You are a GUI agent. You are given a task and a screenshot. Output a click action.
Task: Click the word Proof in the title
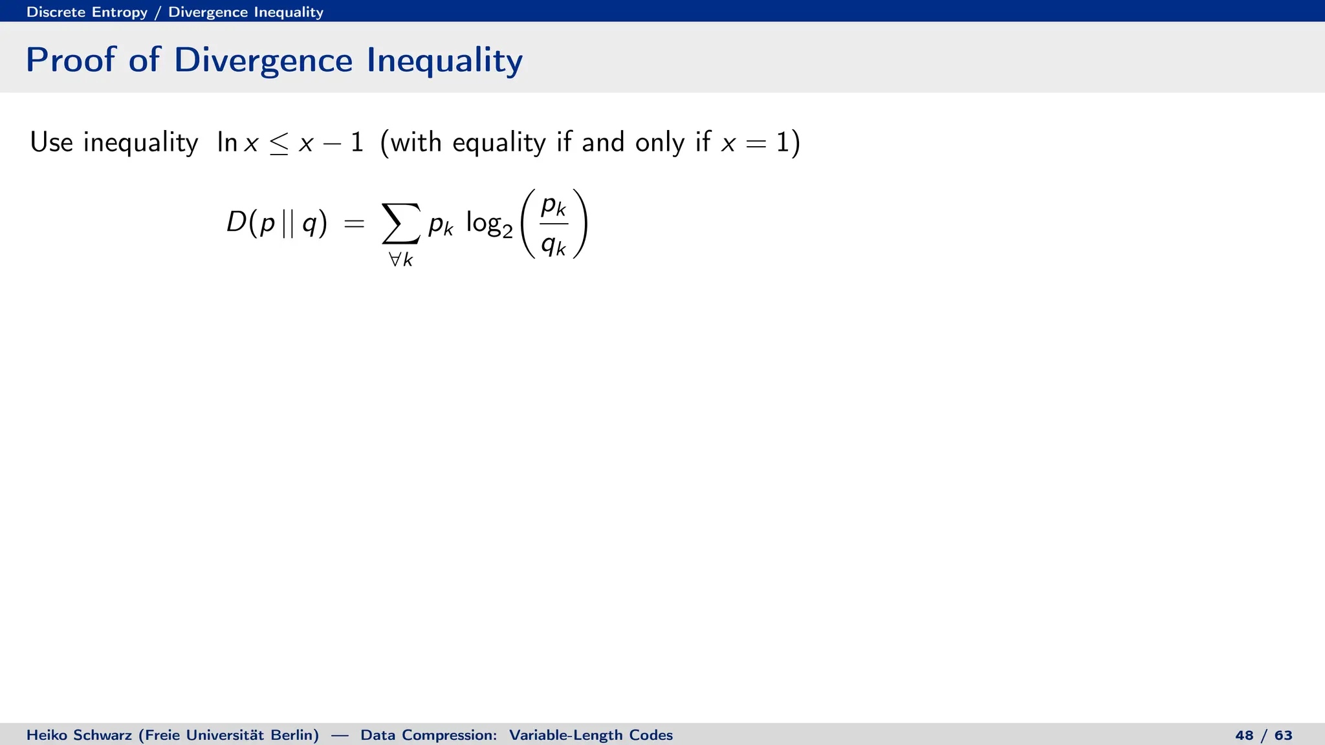point(70,60)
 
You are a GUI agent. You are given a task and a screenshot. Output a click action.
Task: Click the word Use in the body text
point(51,142)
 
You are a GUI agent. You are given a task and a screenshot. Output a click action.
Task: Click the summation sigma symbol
point(400,223)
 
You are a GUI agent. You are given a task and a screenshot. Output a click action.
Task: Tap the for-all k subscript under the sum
point(400,260)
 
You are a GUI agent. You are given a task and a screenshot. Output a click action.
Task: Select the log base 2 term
point(489,224)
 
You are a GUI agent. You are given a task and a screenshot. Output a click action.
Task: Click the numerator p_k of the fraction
point(554,206)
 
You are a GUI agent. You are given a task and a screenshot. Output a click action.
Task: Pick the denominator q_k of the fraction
point(554,244)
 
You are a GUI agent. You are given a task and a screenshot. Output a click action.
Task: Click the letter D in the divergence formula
point(236,223)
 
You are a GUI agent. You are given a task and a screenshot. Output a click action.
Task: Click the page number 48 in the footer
point(1244,735)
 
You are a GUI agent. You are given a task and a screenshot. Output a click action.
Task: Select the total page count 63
point(1284,735)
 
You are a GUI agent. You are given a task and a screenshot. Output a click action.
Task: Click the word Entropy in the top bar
point(120,12)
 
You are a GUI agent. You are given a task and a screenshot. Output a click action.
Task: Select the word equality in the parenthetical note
point(499,143)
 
